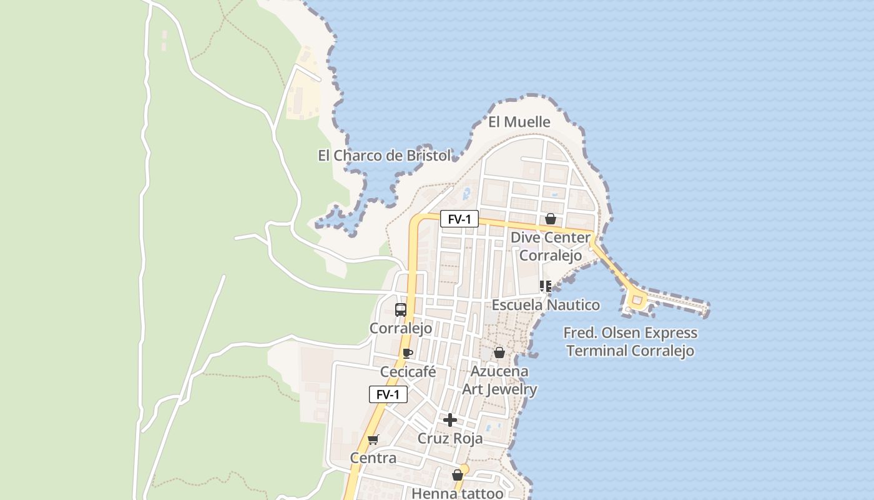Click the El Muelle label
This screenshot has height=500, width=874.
(x=519, y=122)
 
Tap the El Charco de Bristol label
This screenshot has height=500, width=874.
(x=384, y=156)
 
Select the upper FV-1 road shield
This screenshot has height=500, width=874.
(x=459, y=219)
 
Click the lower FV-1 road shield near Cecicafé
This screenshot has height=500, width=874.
(x=388, y=395)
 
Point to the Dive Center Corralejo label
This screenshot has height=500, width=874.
(x=550, y=246)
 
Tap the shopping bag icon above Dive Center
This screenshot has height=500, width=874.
(x=550, y=219)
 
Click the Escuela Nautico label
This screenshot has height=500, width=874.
(x=546, y=305)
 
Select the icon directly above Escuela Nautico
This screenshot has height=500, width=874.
(x=545, y=286)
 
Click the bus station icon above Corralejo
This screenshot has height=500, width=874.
(x=401, y=309)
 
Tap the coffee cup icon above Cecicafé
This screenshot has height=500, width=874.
(x=408, y=353)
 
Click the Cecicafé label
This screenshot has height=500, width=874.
(x=408, y=372)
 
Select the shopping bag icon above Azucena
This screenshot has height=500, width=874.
(x=499, y=352)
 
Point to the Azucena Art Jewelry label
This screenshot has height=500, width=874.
(x=499, y=380)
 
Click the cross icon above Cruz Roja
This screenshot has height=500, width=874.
(x=449, y=419)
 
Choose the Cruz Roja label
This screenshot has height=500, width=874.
(x=449, y=439)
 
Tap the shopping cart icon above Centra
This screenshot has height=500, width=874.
(x=373, y=439)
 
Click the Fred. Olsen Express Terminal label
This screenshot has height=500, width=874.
(x=631, y=342)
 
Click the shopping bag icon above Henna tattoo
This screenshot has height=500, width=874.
(x=458, y=475)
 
